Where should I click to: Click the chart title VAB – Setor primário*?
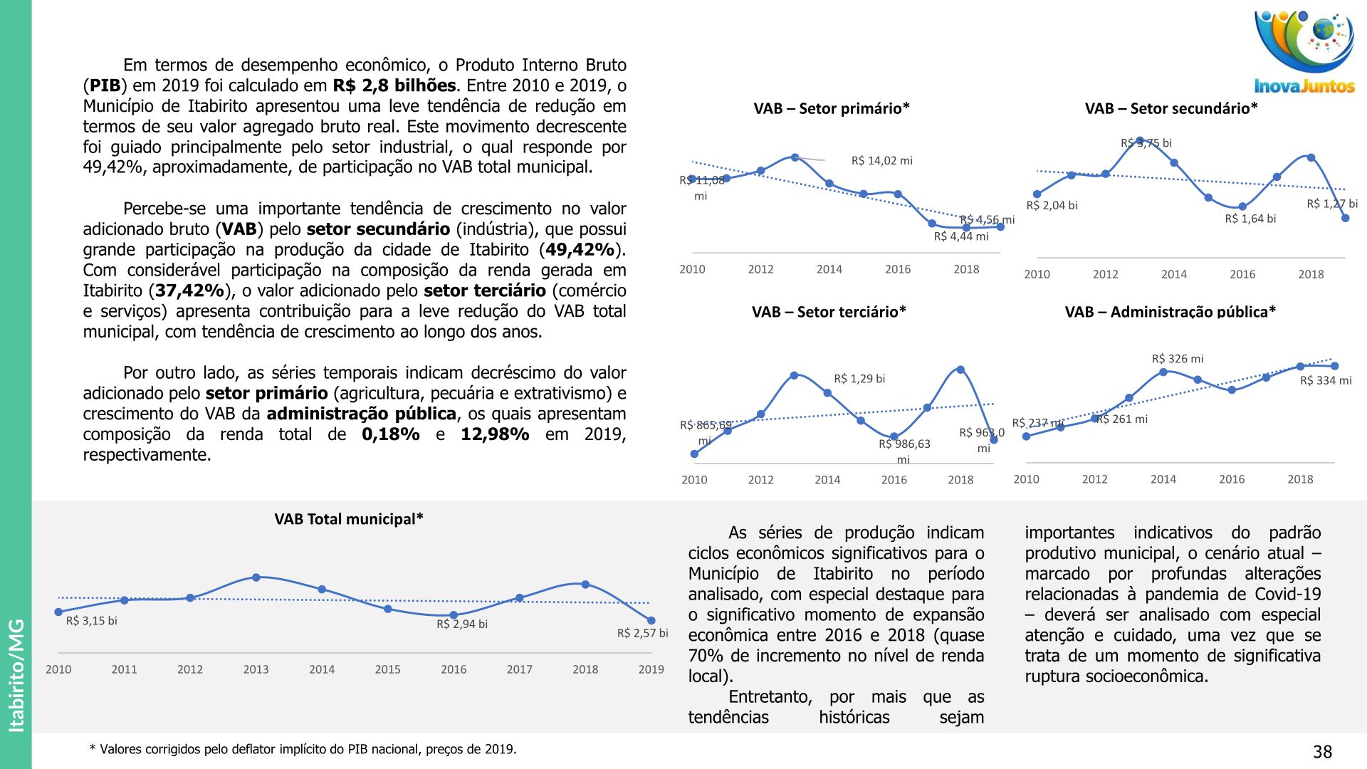click(x=832, y=109)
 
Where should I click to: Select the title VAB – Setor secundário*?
click(x=1171, y=109)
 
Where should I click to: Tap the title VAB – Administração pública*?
click(x=1170, y=312)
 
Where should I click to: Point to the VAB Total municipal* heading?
click(x=349, y=519)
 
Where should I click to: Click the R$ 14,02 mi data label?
click(x=881, y=161)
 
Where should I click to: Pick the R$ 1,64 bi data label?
click(x=1250, y=219)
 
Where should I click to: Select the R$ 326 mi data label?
click(x=1178, y=359)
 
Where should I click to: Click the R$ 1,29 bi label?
click(x=859, y=379)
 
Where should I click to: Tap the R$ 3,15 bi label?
click(x=91, y=621)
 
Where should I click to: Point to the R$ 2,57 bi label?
click(x=642, y=633)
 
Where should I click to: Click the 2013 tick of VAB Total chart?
click(x=256, y=669)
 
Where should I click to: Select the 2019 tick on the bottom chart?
click(x=651, y=669)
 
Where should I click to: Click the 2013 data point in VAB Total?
click(x=256, y=577)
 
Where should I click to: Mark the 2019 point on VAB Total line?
click(x=651, y=621)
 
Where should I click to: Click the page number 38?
click(x=1322, y=752)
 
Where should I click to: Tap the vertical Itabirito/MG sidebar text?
click(x=16, y=675)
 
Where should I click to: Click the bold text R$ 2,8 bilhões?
click(x=394, y=85)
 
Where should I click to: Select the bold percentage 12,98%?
click(x=495, y=434)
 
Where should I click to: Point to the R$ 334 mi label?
click(x=1326, y=381)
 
